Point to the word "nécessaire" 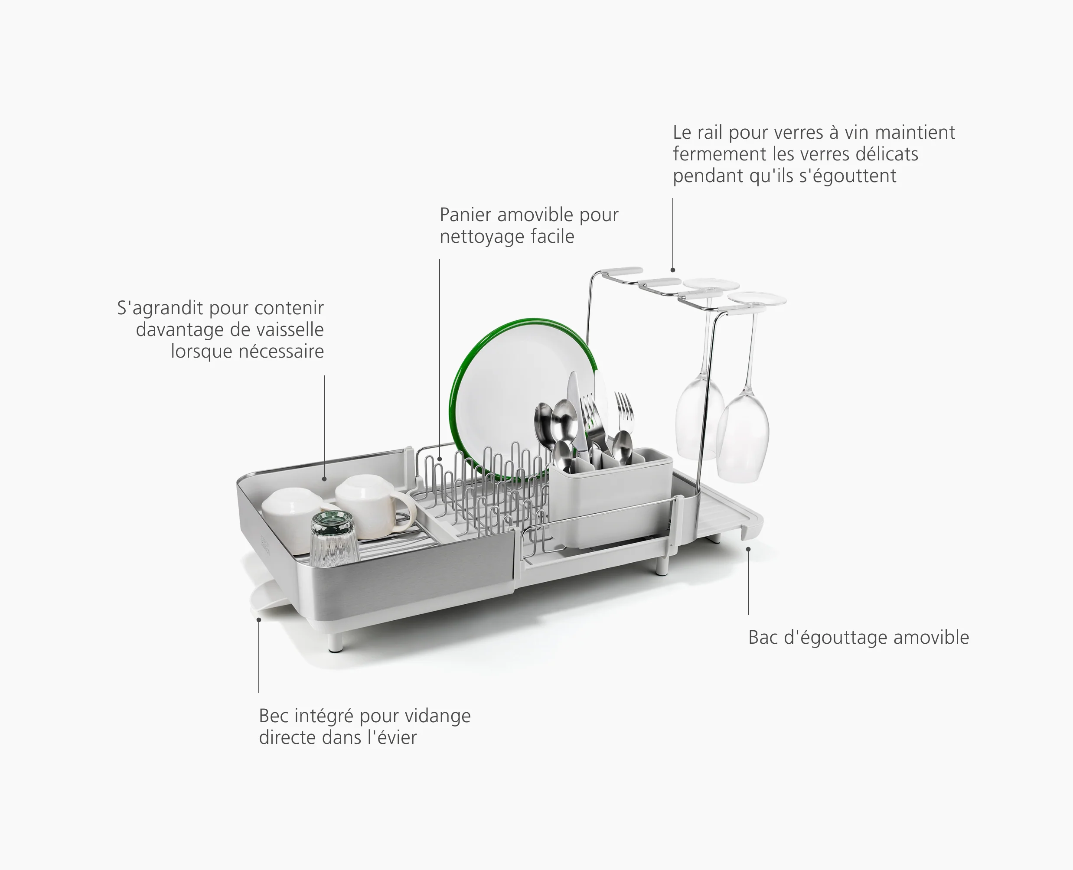pyautogui.click(x=281, y=351)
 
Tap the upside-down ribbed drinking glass pyautogui.click(x=334, y=539)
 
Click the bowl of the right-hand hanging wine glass pyautogui.click(x=742, y=436)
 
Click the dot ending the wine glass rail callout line pyautogui.click(x=672, y=270)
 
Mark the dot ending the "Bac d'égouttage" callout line pyautogui.click(x=748, y=549)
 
